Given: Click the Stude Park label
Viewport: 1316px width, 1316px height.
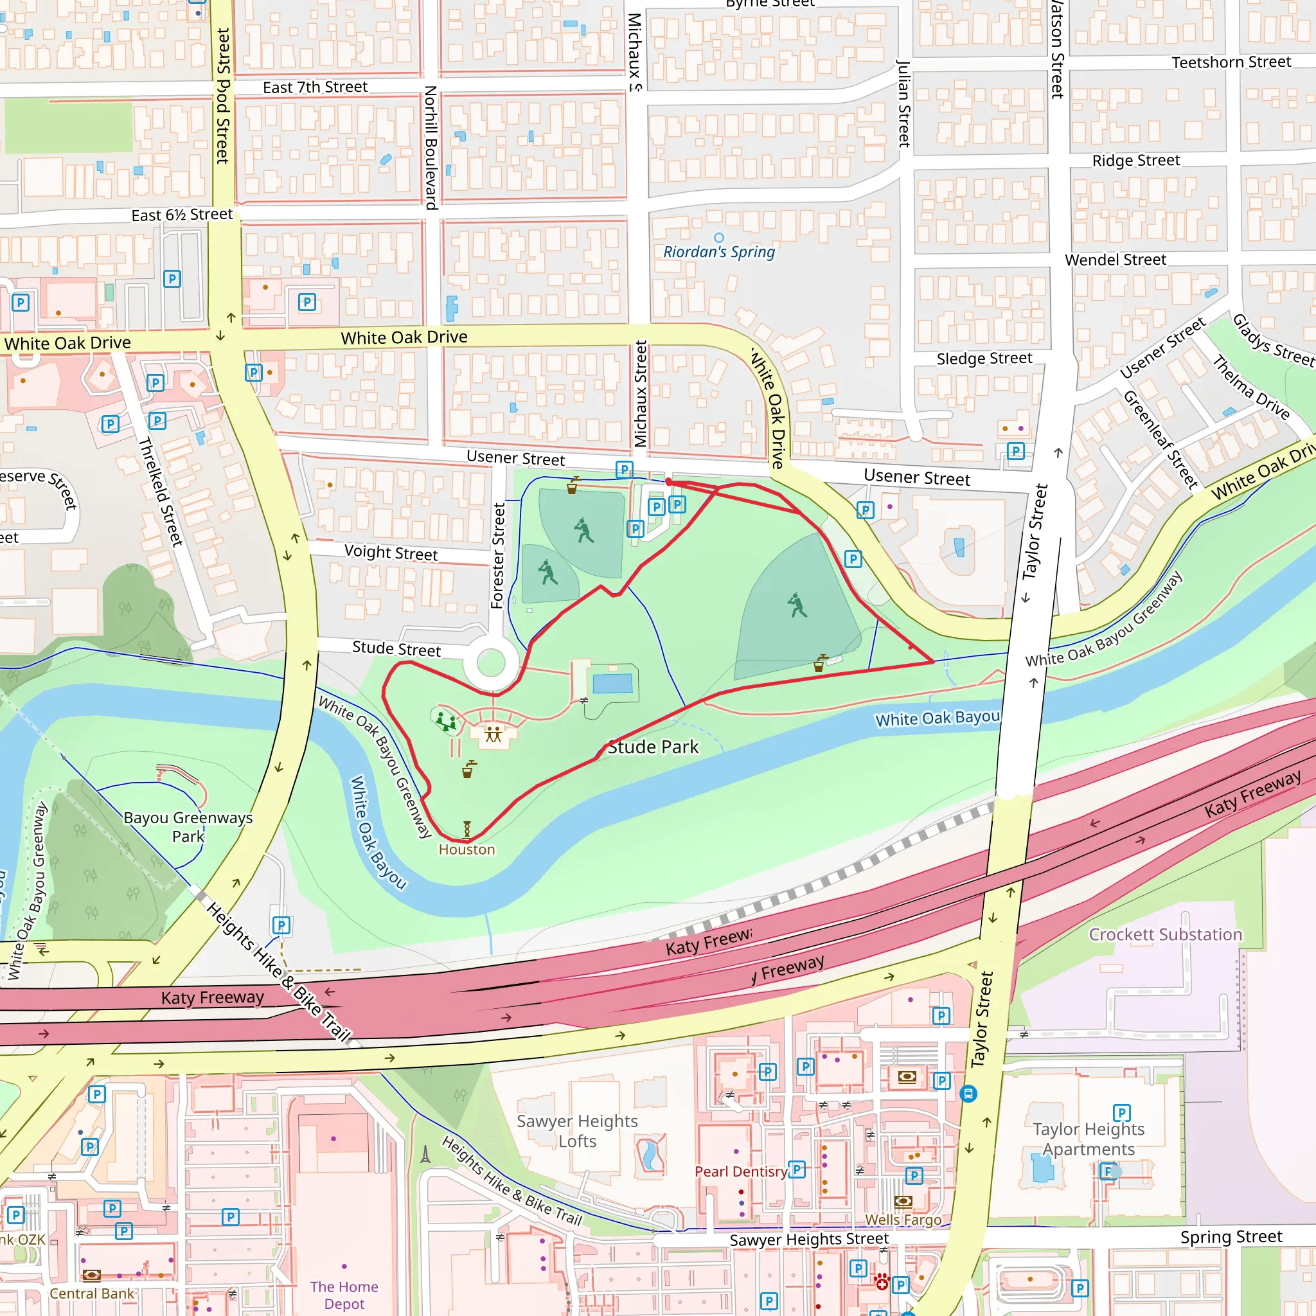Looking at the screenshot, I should coord(653,747).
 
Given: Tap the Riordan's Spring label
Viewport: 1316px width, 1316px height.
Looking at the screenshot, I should coord(718,252).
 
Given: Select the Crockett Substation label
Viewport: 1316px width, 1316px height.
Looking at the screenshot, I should coord(1165,934).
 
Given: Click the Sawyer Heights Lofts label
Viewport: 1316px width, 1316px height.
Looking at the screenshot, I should coord(577,1131).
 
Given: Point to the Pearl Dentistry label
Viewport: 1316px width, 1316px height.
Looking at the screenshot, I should coord(740,1171).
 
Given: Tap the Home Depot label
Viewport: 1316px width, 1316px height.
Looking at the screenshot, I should coord(344,1295).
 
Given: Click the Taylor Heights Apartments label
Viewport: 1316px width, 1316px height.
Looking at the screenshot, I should coord(1088,1139).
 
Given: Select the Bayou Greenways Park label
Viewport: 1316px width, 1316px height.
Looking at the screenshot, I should coord(188,826).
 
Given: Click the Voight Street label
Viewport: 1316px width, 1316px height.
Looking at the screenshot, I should coord(390,553).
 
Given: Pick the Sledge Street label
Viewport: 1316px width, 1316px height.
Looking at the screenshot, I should coord(984,359).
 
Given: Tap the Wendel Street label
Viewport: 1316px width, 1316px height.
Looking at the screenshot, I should coord(1115,260).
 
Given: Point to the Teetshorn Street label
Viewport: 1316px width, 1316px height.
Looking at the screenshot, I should coord(1231,62).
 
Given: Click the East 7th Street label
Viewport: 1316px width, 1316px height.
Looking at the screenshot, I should coord(315,87).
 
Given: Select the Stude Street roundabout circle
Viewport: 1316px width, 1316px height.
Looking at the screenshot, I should coord(490,662).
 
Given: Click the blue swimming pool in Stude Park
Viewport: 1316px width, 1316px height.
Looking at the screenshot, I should coord(612,683).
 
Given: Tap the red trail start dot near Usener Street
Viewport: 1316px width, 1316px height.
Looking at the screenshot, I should coord(669,481).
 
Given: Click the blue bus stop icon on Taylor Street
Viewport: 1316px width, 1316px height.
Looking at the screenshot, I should coord(968,1094).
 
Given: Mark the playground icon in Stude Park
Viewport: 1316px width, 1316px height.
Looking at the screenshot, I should coord(446,721).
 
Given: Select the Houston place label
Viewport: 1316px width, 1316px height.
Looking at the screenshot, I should coord(467,849).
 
